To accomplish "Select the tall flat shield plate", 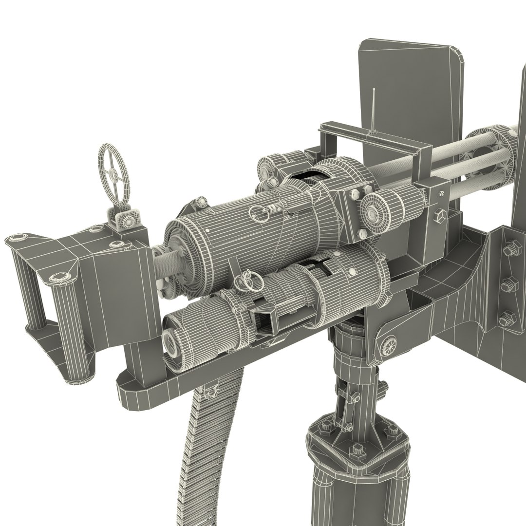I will (412, 83).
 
